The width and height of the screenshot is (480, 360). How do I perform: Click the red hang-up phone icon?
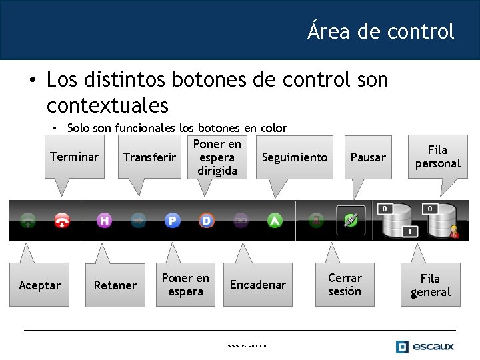click(x=62, y=221)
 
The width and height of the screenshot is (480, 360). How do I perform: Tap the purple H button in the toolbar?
click(x=104, y=220)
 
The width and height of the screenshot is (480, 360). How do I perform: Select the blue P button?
click(x=173, y=220)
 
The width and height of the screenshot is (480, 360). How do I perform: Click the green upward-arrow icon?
click(x=275, y=220)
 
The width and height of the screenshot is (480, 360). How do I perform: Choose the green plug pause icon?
click(x=351, y=220)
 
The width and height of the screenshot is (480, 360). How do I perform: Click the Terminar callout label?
click(x=75, y=157)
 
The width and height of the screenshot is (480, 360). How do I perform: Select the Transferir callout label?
click(x=150, y=157)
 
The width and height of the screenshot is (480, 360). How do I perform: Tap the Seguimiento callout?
click(x=295, y=157)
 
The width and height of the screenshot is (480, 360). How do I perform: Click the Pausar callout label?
click(x=368, y=157)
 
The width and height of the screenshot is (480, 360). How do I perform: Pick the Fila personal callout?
click(x=437, y=157)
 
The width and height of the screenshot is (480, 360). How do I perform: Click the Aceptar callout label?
click(x=40, y=285)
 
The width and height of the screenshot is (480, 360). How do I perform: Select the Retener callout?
click(x=115, y=285)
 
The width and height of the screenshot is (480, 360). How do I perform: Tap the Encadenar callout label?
click(x=258, y=285)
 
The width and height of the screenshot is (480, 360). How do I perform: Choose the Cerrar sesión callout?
click(x=345, y=285)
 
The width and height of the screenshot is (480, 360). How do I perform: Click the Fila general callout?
click(x=431, y=285)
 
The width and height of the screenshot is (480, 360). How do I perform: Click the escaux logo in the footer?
click(x=425, y=346)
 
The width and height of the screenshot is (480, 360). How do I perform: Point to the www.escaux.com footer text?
click(x=249, y=346)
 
